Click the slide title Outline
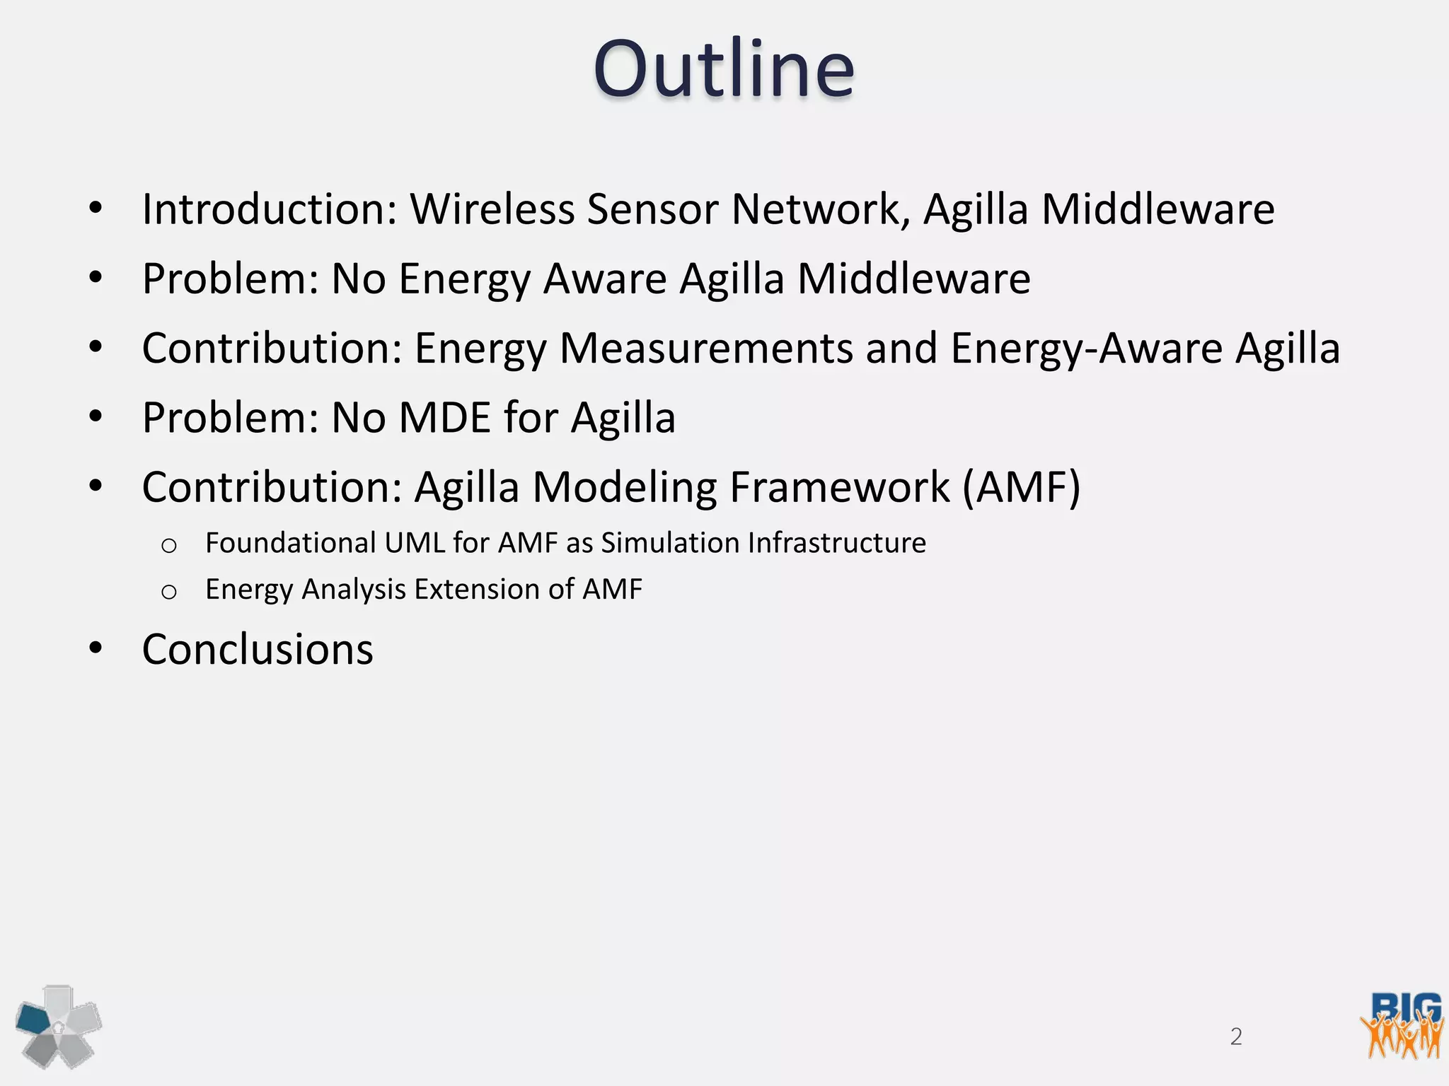tap(724, 69)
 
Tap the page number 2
tap(1236, 1037)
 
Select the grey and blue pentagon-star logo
tap(59, 1026)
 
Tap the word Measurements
tap(706, 349)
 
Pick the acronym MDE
tap(444, 418)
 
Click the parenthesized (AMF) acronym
tap(1021, 487)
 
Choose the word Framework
tap(839, 487)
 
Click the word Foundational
tap(290, 543)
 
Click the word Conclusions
tap(258, 649)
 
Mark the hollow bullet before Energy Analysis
tap(168, 592)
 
